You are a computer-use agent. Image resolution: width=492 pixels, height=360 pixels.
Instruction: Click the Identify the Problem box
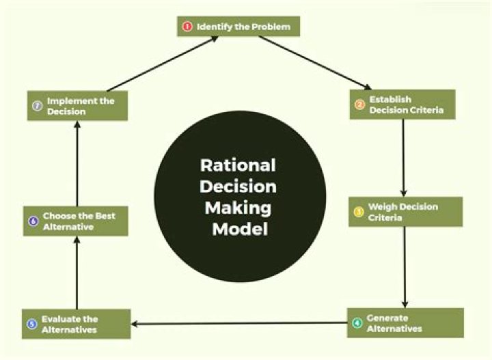coord(238,27)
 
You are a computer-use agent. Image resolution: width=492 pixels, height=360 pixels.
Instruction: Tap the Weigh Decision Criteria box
coord(405,212)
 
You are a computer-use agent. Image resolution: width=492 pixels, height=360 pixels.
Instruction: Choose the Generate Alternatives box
coord(405,323)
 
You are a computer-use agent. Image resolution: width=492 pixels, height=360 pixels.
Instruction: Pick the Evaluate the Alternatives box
coord(76,324)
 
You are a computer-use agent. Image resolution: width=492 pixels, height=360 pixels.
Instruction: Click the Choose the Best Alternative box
coord(75,221)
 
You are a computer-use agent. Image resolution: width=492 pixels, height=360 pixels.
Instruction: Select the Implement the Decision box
coord(77,106)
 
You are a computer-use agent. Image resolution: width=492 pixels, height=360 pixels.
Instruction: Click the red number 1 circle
coord(187,27)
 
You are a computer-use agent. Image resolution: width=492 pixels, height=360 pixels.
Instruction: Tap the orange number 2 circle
coord(359,105)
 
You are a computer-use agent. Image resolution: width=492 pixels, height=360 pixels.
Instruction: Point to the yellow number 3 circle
coord(359,212)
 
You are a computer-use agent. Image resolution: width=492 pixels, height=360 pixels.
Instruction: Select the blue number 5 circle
coord(32,324)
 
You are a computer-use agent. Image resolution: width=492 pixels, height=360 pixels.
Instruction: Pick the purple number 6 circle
coord(33,221)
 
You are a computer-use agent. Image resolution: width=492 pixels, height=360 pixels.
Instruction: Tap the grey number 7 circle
coord(38,106)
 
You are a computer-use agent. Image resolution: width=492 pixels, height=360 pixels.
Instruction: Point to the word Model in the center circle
coord(238,229)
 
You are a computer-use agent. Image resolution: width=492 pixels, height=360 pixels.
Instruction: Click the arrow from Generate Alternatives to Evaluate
coord(239,323)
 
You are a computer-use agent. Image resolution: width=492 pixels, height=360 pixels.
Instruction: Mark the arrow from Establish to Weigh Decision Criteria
coord(404,158)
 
